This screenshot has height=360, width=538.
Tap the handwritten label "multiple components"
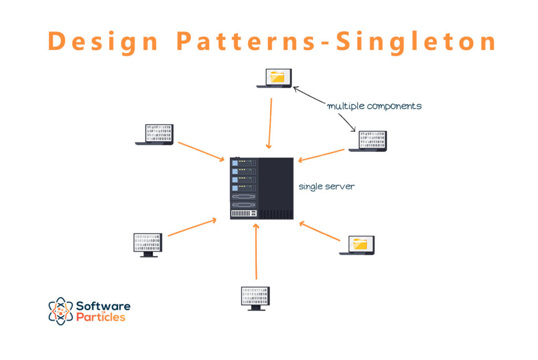coord(374,106)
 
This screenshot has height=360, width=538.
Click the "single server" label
coord(326,187)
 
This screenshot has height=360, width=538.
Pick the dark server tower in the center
coord(262,188)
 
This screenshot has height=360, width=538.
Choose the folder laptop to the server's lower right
coord(357,245)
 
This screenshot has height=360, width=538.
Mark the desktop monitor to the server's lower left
coord(148,245)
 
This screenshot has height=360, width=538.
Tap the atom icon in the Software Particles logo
coord(60,311)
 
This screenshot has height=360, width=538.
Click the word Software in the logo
coord(103,306)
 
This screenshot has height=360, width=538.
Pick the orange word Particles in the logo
coord(100,317)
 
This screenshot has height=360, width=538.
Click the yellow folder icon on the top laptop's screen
coord(276,77)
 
